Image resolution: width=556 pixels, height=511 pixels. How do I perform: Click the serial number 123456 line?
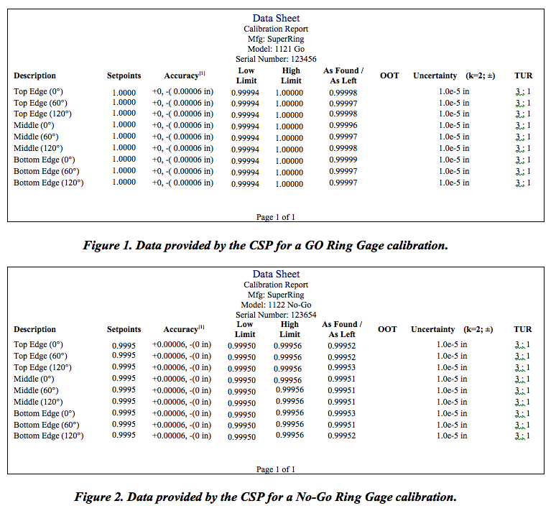276,59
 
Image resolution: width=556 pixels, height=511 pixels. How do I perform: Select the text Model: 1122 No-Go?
276,305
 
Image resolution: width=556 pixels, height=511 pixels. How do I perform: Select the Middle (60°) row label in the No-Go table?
38,390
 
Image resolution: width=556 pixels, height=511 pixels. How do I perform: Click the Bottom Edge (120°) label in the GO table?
48,183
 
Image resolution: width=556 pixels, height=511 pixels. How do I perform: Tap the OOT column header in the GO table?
389,75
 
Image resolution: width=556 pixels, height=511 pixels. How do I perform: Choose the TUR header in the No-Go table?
522,329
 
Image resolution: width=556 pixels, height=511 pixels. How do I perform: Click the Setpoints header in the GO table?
124,75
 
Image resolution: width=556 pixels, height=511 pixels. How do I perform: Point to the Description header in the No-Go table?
34,329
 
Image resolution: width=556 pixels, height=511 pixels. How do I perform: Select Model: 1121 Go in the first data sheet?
276,49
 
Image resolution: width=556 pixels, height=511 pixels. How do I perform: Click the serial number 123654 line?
276,315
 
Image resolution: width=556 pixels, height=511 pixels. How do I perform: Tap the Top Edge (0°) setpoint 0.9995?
124,344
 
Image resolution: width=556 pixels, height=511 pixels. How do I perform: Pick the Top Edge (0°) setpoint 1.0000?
124,92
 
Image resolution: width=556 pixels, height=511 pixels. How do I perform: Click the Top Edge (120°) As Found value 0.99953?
341,367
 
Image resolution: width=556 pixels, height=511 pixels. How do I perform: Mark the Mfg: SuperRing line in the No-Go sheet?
276,295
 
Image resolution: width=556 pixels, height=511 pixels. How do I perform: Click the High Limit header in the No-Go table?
289,329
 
